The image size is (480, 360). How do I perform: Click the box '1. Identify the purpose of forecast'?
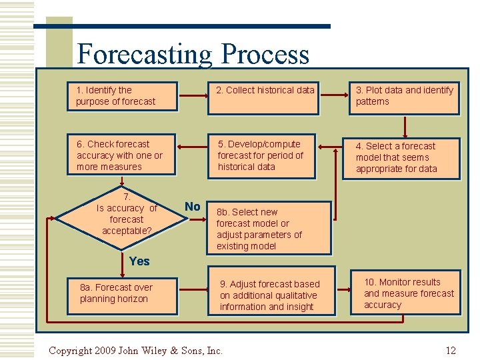122,96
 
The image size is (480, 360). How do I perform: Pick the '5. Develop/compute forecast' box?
263,156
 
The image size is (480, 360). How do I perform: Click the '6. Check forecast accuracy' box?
122,156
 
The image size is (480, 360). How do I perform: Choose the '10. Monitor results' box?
406,294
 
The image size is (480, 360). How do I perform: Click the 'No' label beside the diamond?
192,207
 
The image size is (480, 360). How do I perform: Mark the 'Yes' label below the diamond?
139,261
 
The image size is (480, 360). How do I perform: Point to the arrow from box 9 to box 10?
341,290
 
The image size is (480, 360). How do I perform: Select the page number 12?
451,351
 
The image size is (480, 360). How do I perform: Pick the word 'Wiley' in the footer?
155,351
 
